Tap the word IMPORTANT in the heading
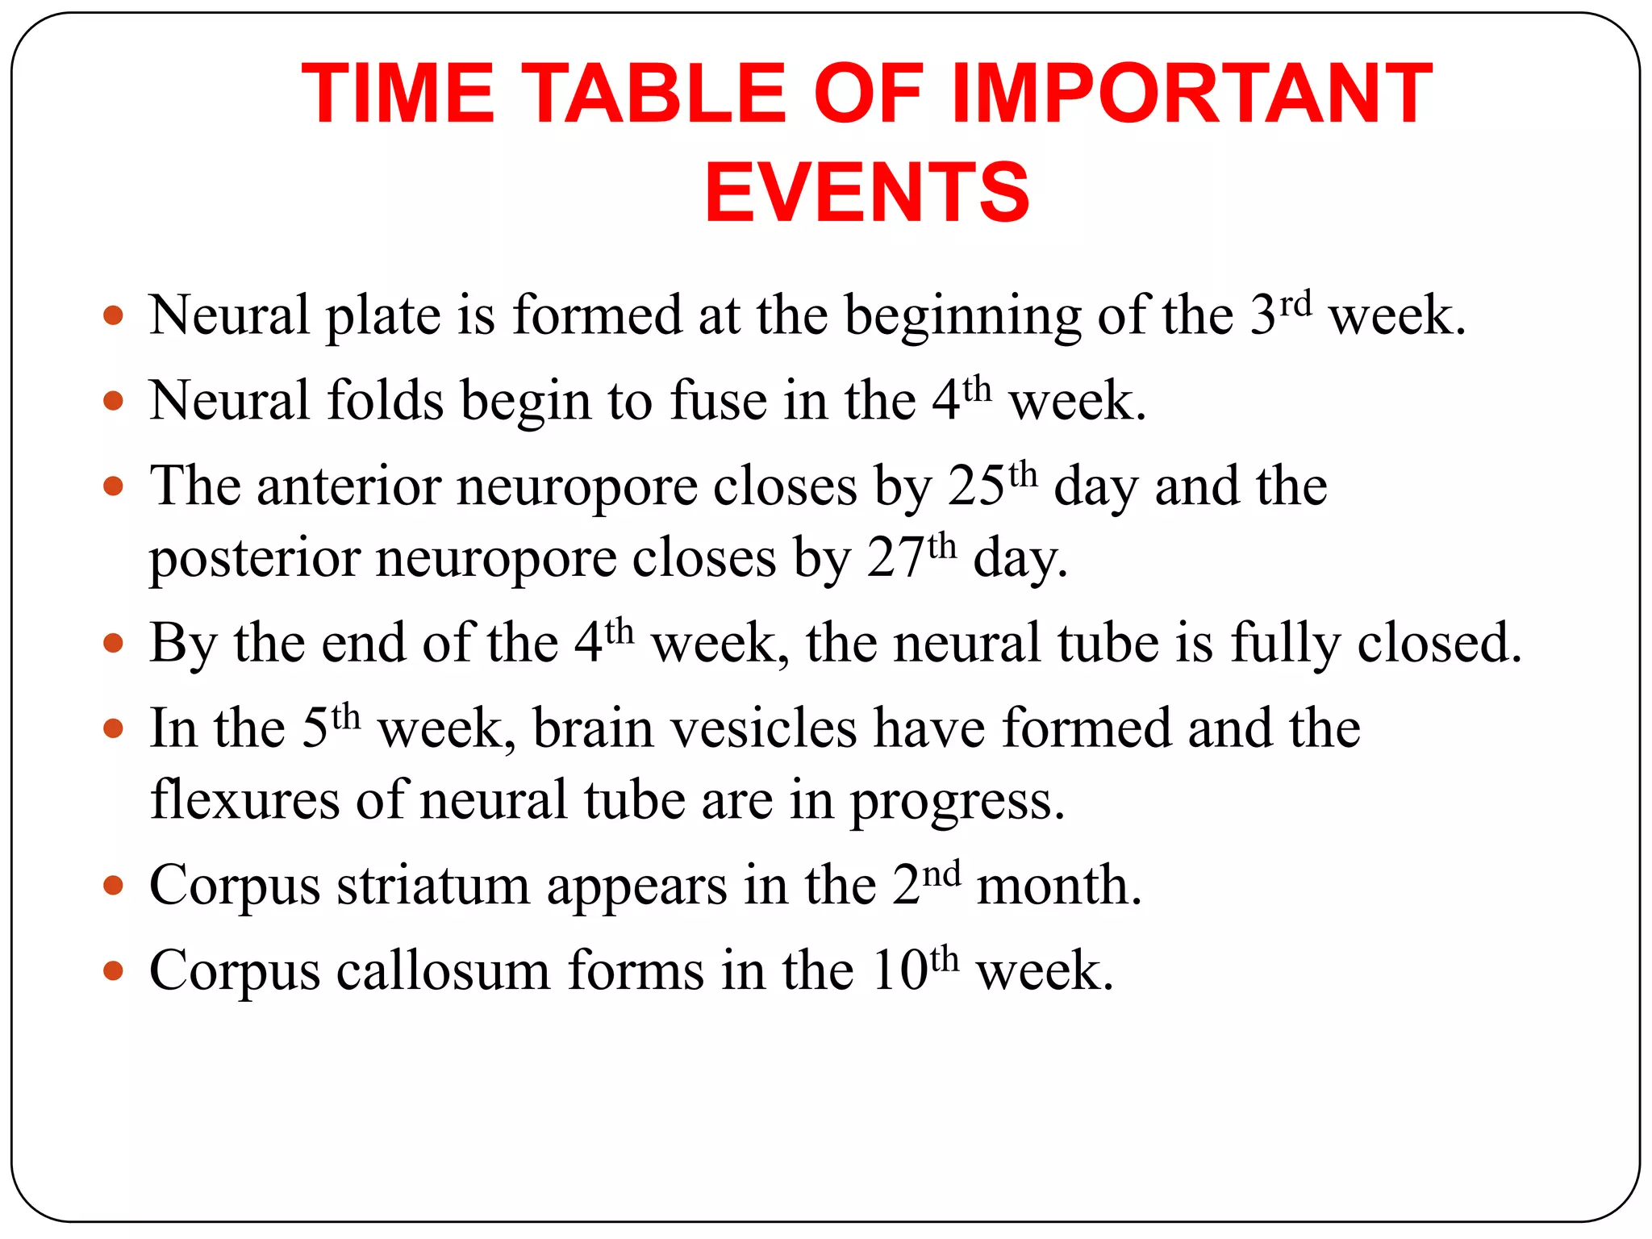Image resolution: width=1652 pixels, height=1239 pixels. click(x=1192, y=94)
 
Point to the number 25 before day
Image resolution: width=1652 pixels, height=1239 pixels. click(x=976, y=486)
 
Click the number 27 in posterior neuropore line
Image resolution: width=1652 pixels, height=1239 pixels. click(x=895, y=558)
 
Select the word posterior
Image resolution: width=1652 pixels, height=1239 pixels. click(x=253, y=558)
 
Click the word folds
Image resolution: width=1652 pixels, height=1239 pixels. click(x=385, y=400)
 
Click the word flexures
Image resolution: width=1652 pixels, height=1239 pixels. click(x=244, y=800)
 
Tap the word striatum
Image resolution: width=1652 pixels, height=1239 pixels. click(x=432, y=886)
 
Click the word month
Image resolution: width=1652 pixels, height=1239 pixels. click(x=1059, y=886)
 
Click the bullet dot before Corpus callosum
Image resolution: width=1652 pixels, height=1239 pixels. click(x=114, y=970)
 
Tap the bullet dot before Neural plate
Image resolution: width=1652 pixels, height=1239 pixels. click(x=114, y=315)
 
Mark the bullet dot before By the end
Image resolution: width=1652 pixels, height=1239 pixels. click(x=114, y=644)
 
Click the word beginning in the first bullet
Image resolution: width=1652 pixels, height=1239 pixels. click(x=962, y=317)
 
